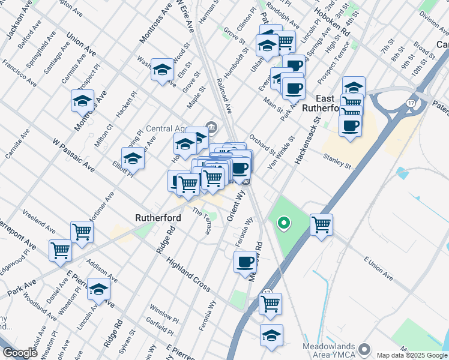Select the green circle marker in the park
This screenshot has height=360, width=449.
pyautogui.click(x=283, y=224)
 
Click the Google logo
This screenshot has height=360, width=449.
pyautogui.click(x=20, y=353)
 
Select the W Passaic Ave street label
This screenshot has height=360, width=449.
pyautogui.click(x=73, y=155)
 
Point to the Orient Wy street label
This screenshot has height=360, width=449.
pyautogui.click(x=238, y=206)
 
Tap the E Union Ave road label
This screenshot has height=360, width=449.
pyautogui.click(x=378, y=269)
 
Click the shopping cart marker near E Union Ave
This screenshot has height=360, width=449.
pyautogui.click(x=322, y=225)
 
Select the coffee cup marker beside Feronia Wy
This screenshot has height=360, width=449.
pyautogui.click(x=245, y=262)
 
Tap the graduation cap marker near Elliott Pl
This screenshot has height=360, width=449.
pyautogui.click(x=133, y=158)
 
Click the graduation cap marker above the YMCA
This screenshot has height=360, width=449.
pyautogui.click(x=271, y=335)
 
